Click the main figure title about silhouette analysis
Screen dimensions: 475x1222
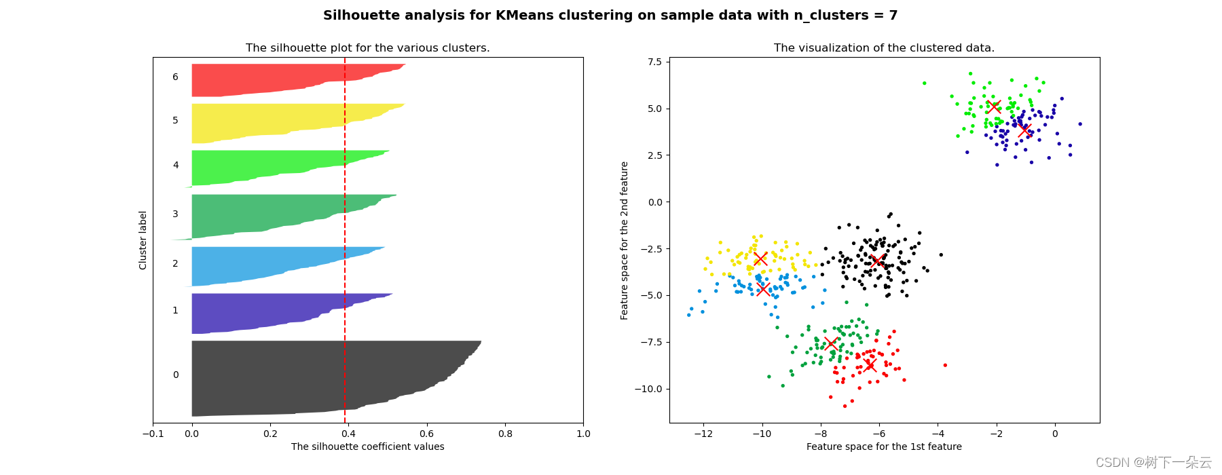coord(610,16)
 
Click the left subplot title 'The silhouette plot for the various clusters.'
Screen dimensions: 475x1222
coord(367,48)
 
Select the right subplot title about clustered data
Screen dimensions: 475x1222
coord(884,48)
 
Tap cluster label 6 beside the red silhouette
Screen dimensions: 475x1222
coord(175,77)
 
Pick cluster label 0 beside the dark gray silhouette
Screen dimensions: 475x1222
coord(176,375)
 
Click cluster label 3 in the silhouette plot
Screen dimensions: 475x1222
coord(175,214)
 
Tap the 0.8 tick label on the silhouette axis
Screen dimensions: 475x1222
coord(505,434)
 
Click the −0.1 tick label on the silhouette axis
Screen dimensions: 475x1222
coord(153,434)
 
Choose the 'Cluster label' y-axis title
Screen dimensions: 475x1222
coord(143,240)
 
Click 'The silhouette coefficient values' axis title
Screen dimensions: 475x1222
coord(367,446)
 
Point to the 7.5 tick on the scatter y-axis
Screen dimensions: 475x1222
coord(654,62)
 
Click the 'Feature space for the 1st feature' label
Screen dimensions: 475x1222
coord(884,446)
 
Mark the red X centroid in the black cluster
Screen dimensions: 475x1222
coord(876,261)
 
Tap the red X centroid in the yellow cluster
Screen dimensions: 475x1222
coord(760,259)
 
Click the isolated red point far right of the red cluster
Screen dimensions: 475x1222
coord(945,365)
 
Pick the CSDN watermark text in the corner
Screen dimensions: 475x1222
coord(1153,463)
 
